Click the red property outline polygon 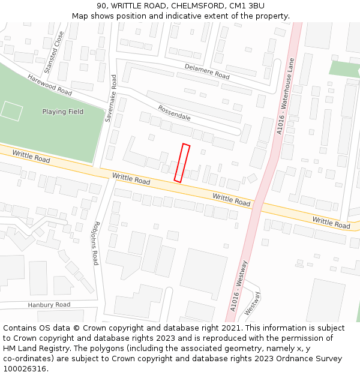point(182,163)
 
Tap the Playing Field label point(63,112)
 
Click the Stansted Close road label point(54,52)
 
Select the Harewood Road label point(49,86)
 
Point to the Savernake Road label point(110,98)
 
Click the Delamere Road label point(207,72)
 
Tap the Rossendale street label point(174,112)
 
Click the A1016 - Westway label point(238,286)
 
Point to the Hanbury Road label point(49,305)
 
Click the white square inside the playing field point(11,111)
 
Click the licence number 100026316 point(26,369)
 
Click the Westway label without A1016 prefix point(252,303)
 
